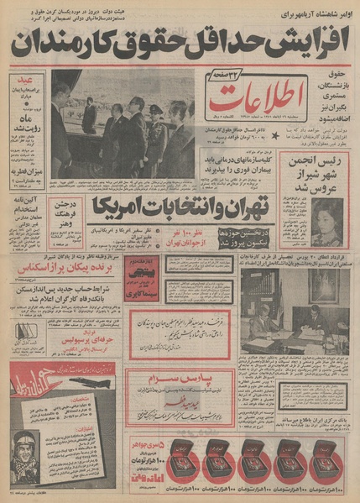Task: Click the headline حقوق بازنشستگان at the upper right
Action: click(x=334, y=101)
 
